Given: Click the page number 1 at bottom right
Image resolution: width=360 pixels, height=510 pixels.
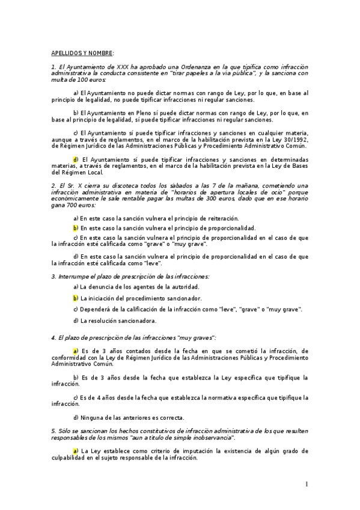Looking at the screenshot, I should pos(306,484).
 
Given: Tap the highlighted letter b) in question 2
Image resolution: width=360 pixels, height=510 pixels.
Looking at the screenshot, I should pos(76,228).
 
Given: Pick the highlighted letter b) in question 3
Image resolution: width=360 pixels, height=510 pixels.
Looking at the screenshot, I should pos(76,298).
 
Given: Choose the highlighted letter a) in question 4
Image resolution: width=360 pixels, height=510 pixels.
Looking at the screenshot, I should pos(76,351).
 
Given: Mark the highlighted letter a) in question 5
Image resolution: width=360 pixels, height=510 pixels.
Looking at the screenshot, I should pos(76,450).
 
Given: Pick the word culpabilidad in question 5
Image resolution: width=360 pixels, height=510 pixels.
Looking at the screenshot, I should pos(71,458).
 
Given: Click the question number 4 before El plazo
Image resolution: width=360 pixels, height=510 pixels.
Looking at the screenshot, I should pos(53,339).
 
